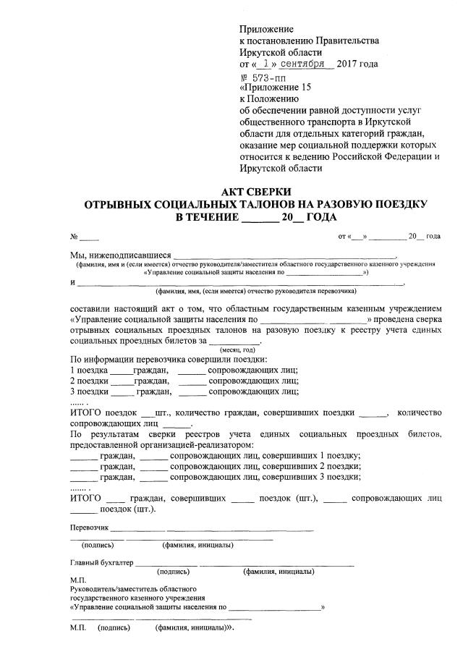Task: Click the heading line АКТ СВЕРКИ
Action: tap(255, 192)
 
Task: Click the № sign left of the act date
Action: tap(74, 237)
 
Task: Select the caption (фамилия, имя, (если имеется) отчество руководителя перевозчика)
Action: tap(255, 292)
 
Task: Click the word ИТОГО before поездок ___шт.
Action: tap(86, 412)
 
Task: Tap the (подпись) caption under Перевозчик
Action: tap(98, 545)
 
